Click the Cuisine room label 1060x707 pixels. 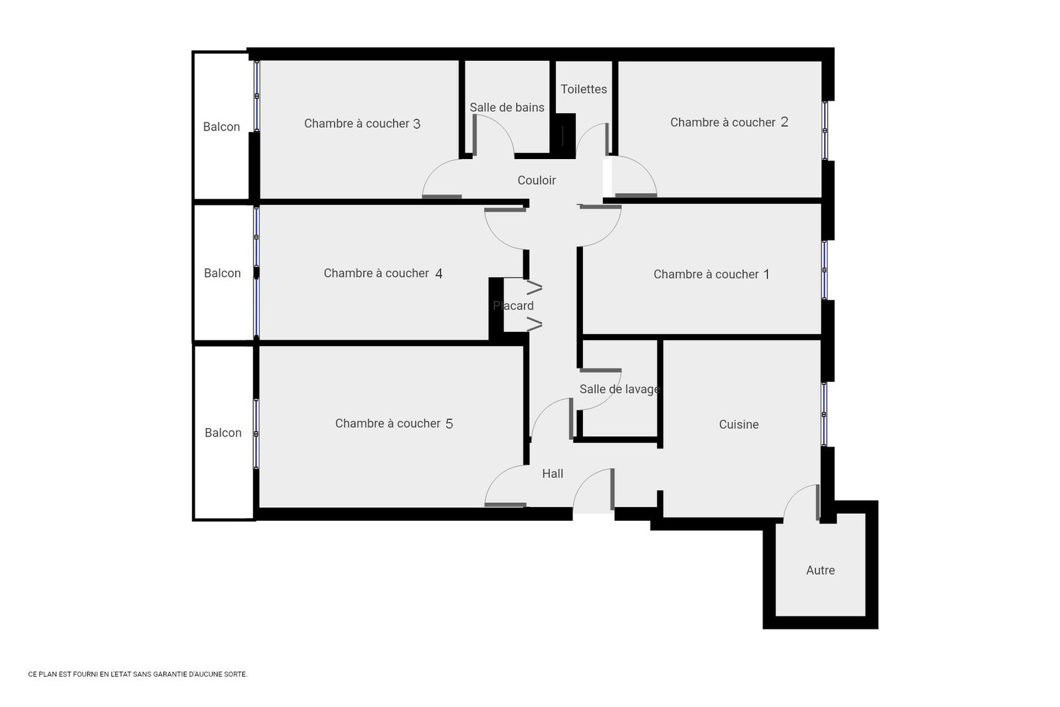point(739,425)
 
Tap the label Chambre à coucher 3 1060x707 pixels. point(362,124)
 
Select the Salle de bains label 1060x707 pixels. point(507,107)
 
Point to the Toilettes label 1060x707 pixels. point(584,89)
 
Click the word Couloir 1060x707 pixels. point(537,180)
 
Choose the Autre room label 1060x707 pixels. point(820,571)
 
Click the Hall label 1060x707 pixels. point(553,474)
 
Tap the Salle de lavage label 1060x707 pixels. point(619,389)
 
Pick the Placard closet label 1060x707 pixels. point(513,305)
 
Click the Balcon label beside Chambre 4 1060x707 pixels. point(222,273)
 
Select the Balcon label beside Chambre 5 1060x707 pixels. point(223,433)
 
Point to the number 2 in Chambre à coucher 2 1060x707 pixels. point(784,122)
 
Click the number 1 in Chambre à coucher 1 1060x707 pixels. point(767,274)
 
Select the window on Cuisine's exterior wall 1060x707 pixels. point(824,414)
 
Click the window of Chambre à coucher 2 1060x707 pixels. point(825,131)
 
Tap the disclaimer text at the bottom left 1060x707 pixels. point(138,675)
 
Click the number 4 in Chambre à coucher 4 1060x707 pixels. point(439,274)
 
